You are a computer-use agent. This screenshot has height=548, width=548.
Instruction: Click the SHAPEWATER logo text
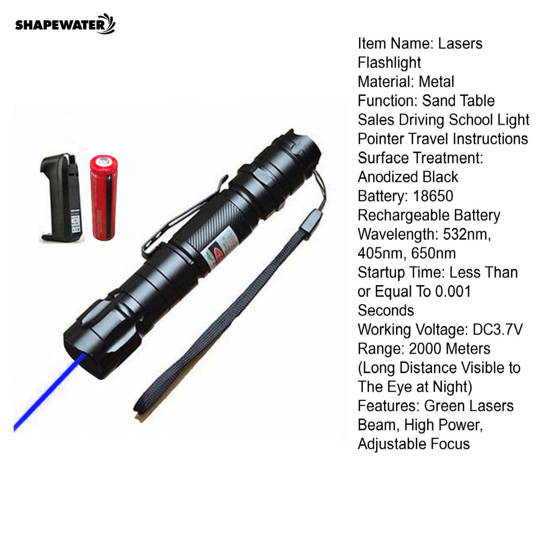pyautogui.click(x=60, y=26)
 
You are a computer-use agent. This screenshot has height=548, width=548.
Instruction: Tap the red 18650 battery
pyautogui.click(x=103, y=197)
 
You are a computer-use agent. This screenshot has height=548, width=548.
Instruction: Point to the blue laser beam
pyautogui.click(x=49, y=393)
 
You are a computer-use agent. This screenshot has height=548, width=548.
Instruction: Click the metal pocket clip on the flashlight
pyautogui.click(x=182, y=217)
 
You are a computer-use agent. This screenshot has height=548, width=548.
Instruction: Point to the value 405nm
pyautogui.click(x=382, y=253)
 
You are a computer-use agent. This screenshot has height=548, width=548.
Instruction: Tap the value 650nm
pyautogui.click(x=433, y=253)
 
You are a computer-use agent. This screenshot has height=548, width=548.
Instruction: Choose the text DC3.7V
pyautogui.click(x=498, y=330)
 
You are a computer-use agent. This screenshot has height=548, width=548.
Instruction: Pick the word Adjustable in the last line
pyautogui.click(x=391, y=444)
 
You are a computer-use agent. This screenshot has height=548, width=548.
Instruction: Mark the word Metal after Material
pyautogui.click(x=437, y=82)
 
